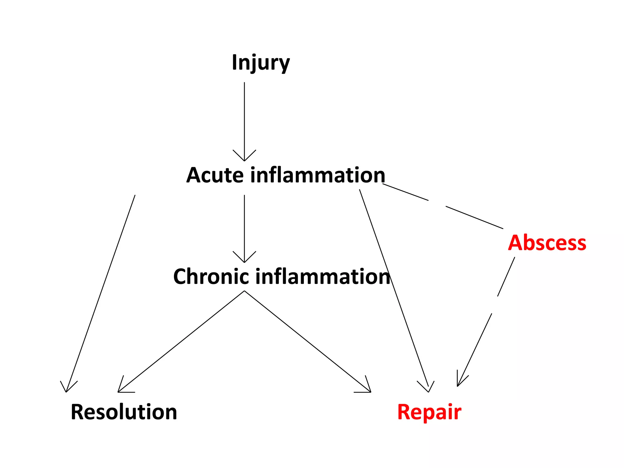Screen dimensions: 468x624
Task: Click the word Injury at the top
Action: pyautogui.click(x=261, y=62)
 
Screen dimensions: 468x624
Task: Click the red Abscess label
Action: pyautogui.click(x=547, y=243)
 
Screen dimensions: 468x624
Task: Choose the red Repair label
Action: pyautogui.click(x=429, y=412)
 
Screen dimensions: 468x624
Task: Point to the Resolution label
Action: pyautogui.click(x=124, y=412)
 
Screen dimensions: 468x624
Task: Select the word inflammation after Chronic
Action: pyautogui.click(x=323, y=277)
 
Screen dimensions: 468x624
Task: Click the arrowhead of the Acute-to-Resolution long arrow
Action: pyautogui.click(x=67, y=388)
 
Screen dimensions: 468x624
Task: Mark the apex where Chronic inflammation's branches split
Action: pyautogui.click(x=244, y=291)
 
